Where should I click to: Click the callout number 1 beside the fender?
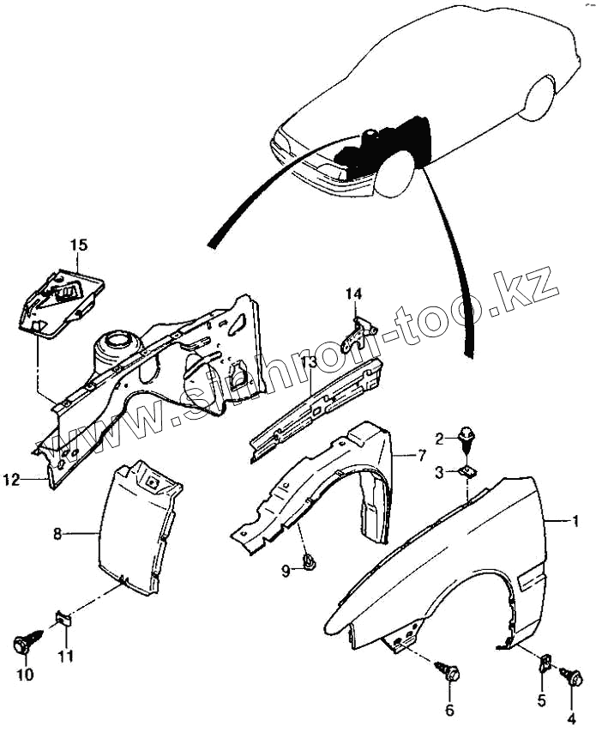point(577,521)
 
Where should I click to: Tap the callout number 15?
point(78,245)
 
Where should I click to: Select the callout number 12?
point(10,481)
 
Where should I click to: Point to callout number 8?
point(57,534)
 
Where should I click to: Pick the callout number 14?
point(354,295)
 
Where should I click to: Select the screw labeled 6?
point(447,669)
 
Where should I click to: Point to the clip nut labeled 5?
point(544,662)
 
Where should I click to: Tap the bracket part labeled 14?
point(358,330)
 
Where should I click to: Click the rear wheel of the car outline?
point(541,97)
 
